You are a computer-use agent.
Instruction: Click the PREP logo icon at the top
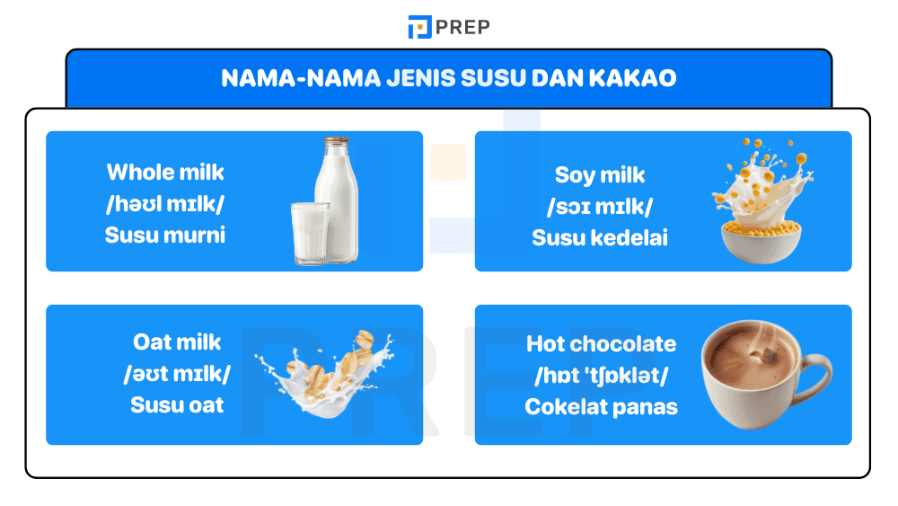point(419,27)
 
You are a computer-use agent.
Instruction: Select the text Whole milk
point(165,172)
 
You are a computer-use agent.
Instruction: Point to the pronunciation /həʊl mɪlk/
point(165,204)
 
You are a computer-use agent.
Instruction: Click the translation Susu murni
point(165,235)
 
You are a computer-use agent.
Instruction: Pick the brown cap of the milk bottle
point(337,141)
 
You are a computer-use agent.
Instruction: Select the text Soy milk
point(600,175)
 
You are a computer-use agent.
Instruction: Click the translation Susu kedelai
point(600,238)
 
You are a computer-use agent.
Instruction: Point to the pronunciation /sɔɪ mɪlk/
point(600,207)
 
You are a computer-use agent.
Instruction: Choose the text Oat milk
point(177,342)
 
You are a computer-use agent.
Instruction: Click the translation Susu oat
point(177,404)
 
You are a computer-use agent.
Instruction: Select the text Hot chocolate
point(601,344)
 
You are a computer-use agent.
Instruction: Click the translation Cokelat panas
point(601,407)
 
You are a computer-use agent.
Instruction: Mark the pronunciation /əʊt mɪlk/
point(177,373)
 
